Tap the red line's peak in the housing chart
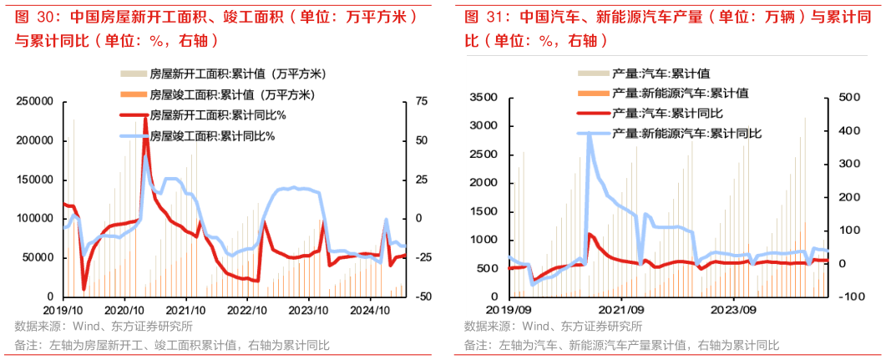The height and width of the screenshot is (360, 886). pos(145,119)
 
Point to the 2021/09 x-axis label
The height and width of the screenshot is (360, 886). pos(620,307)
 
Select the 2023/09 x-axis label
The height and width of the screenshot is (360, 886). pos(732,307)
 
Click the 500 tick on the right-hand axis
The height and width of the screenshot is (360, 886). pos(846,98)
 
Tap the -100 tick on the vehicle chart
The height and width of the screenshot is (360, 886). pos(844,297)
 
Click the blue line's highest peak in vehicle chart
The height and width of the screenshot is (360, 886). pos(589,133)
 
